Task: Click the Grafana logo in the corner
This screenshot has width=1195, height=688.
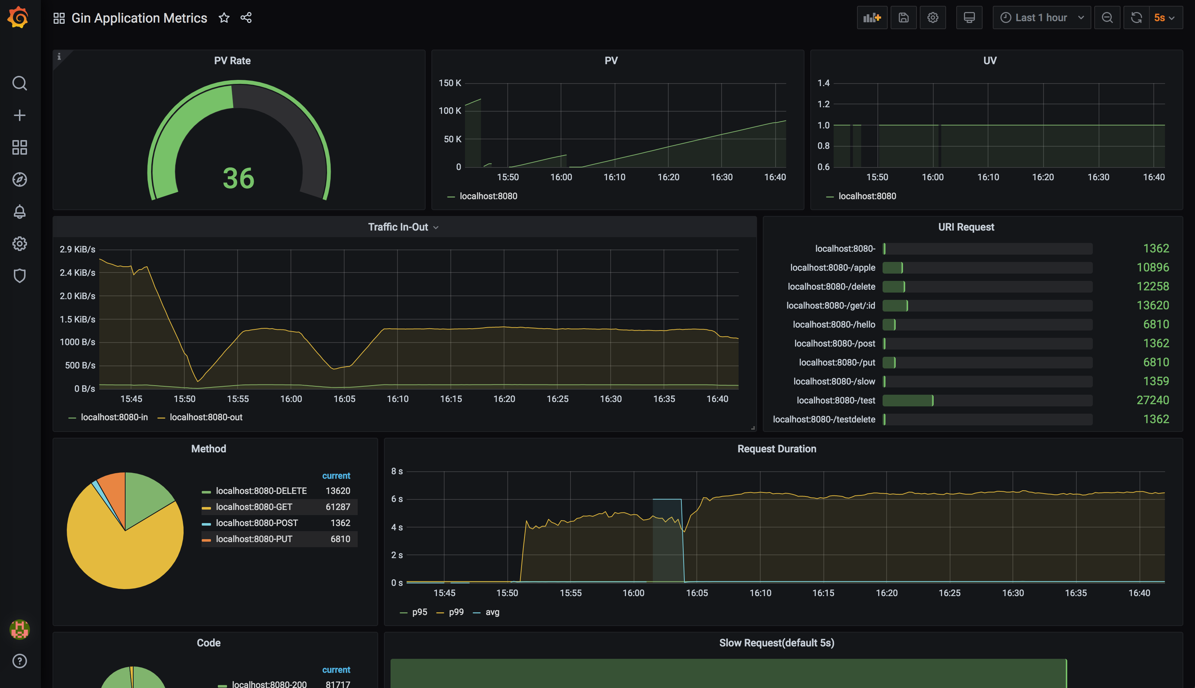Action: coord(18,18)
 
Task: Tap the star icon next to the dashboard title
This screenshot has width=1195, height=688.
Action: coord(224,18)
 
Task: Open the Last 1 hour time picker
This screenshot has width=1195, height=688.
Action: coord(1041,18)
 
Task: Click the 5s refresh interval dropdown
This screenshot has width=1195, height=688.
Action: coord(1164,18)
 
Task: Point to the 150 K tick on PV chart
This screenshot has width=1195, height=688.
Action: coord(450,83)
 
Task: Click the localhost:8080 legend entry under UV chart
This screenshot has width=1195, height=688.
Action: coord(867,196)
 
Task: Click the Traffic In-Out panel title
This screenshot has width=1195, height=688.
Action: coord(398,227)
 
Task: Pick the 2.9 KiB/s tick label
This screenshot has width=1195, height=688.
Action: coord(77,250)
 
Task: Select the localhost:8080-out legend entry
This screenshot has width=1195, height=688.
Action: coord(205,417)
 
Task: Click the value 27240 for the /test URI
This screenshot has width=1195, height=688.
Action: coord(1152,400)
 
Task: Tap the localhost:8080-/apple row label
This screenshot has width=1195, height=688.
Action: coord(833,268)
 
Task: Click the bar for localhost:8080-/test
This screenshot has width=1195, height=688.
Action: coord(908,401)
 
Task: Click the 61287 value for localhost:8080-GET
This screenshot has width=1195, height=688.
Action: coord(338,507)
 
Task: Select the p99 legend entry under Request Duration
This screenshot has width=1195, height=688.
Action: coord(456,612)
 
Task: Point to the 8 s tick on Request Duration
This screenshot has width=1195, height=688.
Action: coord(397,471)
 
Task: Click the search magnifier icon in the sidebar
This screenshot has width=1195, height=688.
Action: coord(19,83)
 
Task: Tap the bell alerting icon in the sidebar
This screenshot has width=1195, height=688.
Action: coord(19,212)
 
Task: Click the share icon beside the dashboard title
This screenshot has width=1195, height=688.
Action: coord(246,18)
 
